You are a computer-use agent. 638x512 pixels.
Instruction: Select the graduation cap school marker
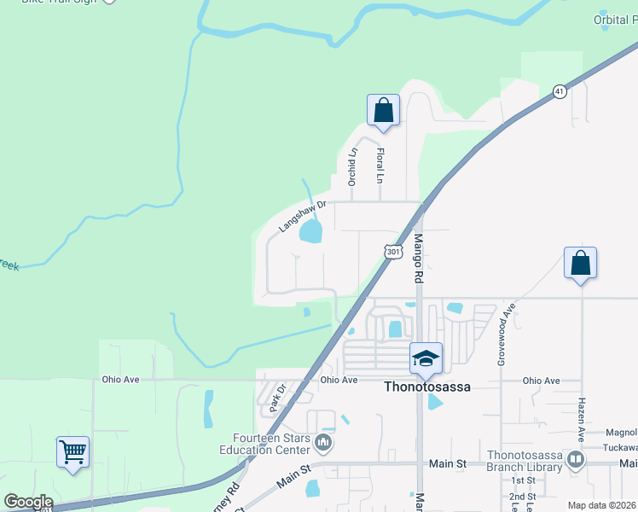pyautogui.click(x=426, y=358)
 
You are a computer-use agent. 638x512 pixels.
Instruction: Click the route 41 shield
pyautogui.click(x=560, y=91)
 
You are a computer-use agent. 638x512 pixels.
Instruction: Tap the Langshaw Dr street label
pyautogui.click(x=303, y=218)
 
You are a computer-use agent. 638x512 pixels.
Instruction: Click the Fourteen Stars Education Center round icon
pyautogui.click(x=323, y=443)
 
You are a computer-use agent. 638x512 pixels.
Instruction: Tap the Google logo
pyautogui.click(x=28, y=502)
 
